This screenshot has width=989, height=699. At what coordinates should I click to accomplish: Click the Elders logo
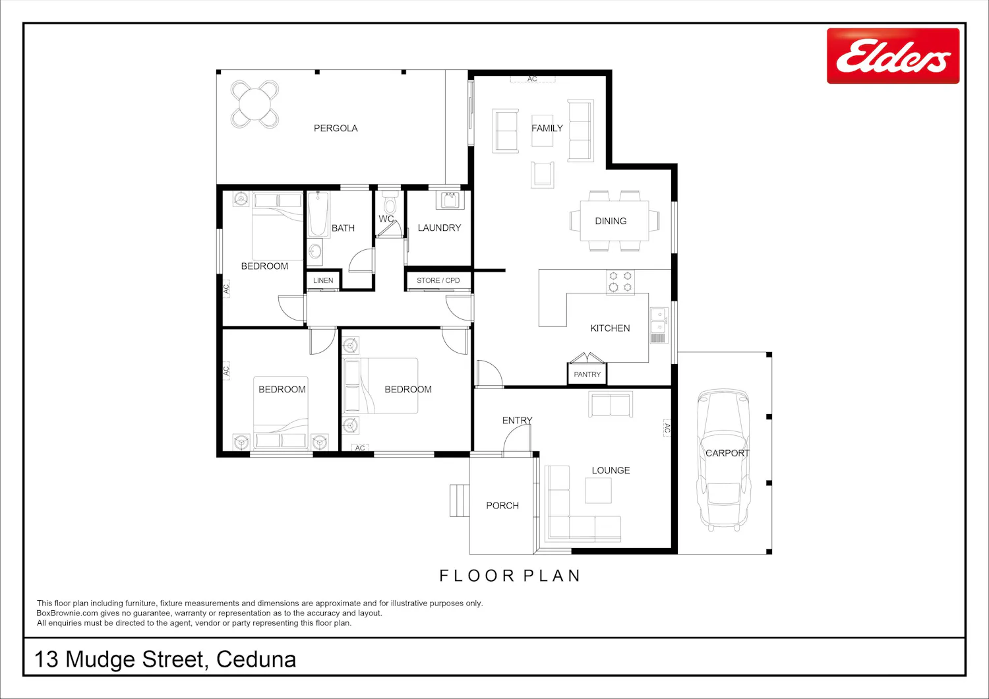[893, 55]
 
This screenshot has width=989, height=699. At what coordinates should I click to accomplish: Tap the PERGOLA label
[336, 128]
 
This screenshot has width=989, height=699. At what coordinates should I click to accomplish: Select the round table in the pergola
[255, 104]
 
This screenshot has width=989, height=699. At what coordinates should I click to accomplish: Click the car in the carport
[724, 459]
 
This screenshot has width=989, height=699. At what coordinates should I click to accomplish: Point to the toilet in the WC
[389, 202]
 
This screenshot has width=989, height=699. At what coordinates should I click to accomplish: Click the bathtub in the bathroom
[317, 214]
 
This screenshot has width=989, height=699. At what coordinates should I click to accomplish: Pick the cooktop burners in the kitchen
[620, 282]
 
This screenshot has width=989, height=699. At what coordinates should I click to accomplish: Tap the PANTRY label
[587, 375]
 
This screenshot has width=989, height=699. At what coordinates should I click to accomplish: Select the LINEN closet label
[323, 280]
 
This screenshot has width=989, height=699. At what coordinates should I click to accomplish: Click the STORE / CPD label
[438, 280]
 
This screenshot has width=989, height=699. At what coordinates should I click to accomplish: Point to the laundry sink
[450, 200]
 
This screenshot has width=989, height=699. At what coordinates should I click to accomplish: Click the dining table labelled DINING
[614, 220]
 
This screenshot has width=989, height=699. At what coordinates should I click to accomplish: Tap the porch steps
[460, 501]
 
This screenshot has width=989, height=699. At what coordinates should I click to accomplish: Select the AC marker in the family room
[533, 79]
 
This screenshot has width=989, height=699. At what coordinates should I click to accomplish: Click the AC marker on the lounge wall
[667, 428]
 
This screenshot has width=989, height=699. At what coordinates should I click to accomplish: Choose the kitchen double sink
[658, 326]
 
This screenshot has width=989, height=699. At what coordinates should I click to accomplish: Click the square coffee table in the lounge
[598, 490]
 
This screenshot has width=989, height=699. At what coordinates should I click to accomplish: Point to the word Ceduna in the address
[256, 659]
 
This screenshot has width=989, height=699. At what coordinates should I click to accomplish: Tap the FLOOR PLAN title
[510, 576]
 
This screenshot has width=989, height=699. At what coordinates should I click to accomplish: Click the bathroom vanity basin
[315, 252]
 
